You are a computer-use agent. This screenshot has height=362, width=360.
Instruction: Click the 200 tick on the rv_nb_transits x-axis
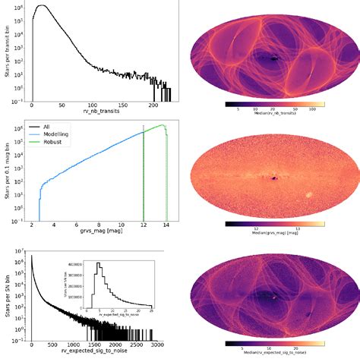click(154, 105)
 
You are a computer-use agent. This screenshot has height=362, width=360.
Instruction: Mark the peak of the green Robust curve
click(161, 125)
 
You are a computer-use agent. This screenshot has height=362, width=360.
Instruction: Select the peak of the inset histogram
click(98, 264)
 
